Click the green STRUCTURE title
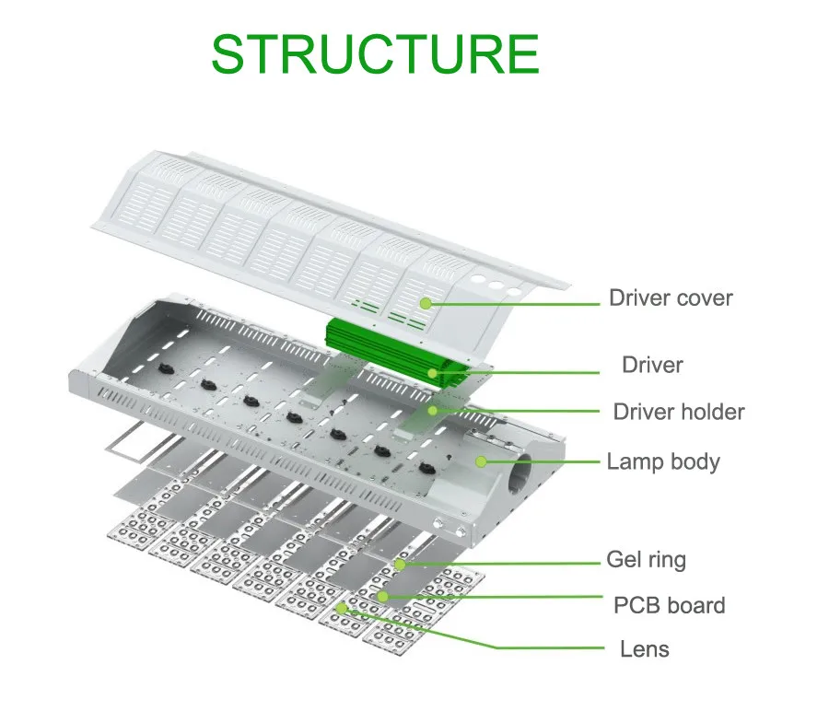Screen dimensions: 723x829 click(x=374, y=54)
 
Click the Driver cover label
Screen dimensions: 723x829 click(x=670, y=297)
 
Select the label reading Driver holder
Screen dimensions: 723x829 click(x=678, y=412)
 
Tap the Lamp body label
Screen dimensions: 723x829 click(x=662, y=461)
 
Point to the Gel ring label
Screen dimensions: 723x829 click(x=646, y=559)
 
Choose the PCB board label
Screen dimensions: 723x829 click(x=669, y=605)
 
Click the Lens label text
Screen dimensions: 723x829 click(x=644, y=648)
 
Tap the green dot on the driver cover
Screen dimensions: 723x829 click(x=426, y=301)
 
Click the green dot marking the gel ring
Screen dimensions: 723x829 click(x=400, y=564)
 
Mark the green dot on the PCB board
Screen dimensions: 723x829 click(x=382, y=597)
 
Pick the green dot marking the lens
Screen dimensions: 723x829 click(x=342, y=608)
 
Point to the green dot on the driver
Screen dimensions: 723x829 click(x=432, y=373)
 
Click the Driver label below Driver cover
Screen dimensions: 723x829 click(x=652, y=365)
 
